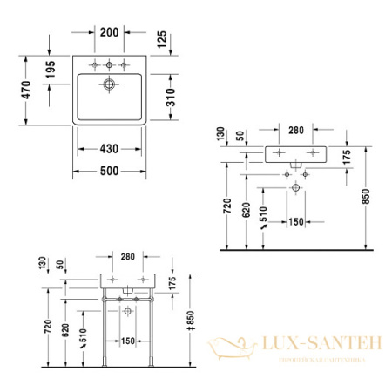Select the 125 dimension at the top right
162,39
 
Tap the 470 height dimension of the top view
27,89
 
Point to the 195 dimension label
50,68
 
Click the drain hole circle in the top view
109,84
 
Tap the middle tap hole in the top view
109,64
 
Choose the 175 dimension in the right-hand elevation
347,158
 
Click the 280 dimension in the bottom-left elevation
128,258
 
